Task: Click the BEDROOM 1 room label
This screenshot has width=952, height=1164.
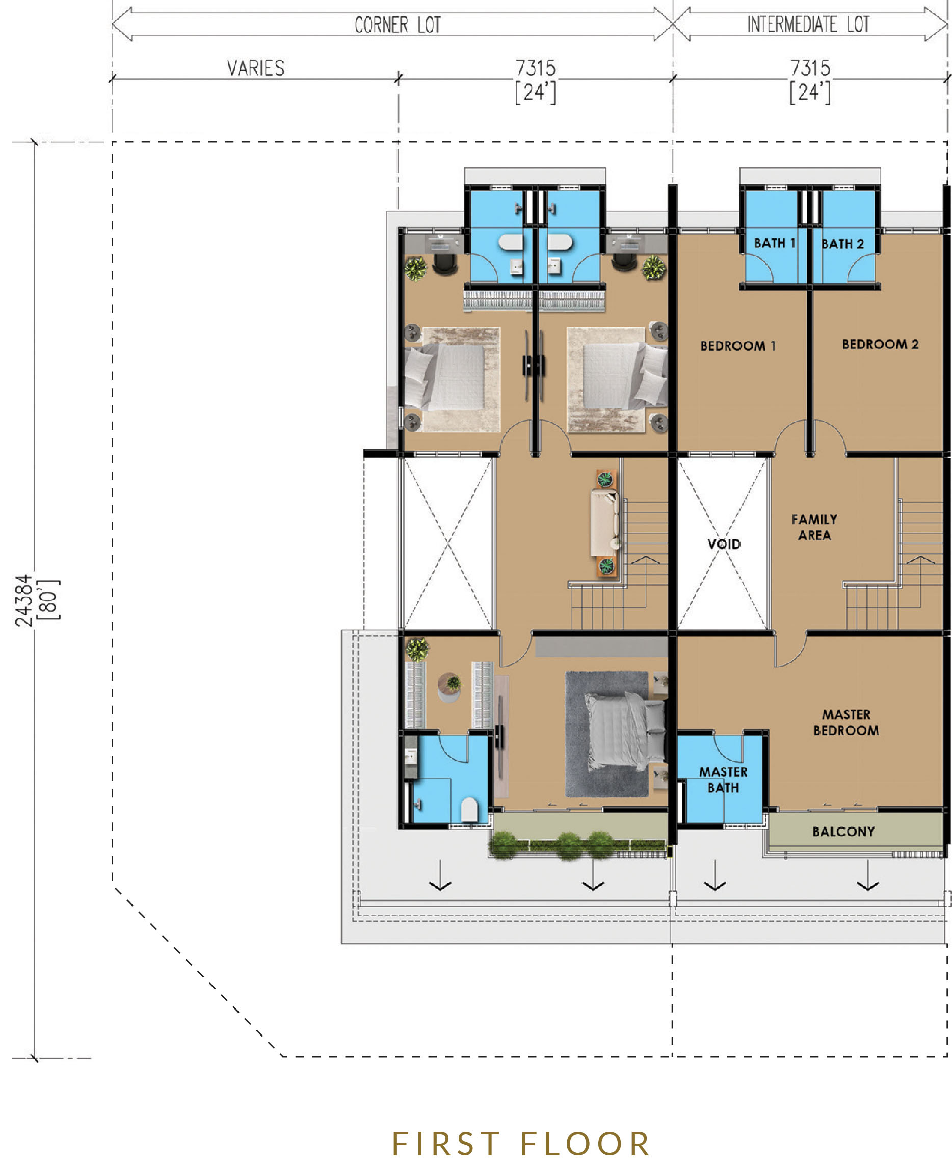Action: (738, 346)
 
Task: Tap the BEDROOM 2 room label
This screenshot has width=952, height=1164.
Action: (880, 344)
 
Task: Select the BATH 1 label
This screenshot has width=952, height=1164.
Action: (774, 243)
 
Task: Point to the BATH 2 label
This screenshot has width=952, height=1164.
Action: (842, 244)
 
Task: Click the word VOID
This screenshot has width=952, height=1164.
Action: (724, 544)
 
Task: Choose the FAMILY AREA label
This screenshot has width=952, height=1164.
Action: (814, 527)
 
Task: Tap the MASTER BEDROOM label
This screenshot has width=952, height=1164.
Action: (846, 722)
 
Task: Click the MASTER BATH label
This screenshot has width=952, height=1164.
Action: (723, 780)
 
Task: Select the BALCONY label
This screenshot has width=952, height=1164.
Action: (843, 832)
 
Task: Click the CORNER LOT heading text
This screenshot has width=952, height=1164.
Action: (398, 24)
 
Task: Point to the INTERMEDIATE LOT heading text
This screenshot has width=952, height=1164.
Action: (808, 24)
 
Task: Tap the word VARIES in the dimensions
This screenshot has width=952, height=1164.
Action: (256, 68)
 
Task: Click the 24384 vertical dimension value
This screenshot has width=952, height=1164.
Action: (23, 600)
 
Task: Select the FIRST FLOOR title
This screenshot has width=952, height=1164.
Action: (521, 1144)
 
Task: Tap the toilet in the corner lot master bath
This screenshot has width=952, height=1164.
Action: (469, 810)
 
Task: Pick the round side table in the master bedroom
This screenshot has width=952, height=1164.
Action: (449, 687)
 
